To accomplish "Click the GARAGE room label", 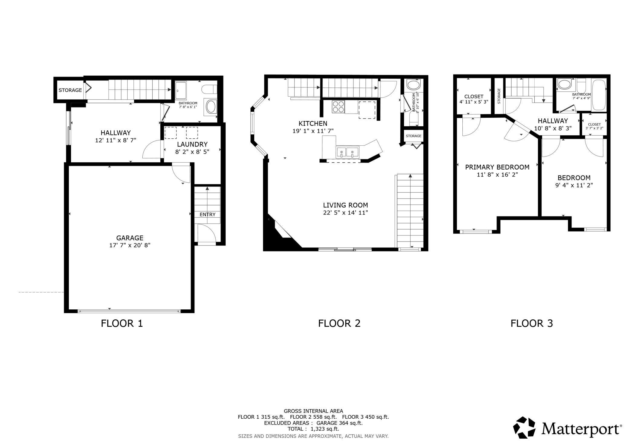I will click(130, 238).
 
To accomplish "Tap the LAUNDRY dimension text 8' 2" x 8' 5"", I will click(192, 151).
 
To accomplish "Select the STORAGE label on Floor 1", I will click(70, 90).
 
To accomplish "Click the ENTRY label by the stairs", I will click(207, 214).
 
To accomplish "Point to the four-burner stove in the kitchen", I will click(338, 107).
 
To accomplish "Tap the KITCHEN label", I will click(313, 123).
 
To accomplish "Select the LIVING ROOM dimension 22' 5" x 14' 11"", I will click(345, 213).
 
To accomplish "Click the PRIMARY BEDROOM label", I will click(497, 167).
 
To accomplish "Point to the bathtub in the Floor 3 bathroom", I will click(599, 94).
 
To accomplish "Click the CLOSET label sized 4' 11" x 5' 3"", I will click(474, 97).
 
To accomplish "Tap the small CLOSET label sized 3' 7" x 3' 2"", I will click(594, 124).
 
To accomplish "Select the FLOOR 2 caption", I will click(339, 323).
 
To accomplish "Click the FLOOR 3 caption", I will click(532, 323).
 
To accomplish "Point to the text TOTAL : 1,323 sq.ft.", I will click(313, 429).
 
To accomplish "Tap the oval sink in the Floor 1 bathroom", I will click(211, 107).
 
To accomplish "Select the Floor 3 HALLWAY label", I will click(553, 121).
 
